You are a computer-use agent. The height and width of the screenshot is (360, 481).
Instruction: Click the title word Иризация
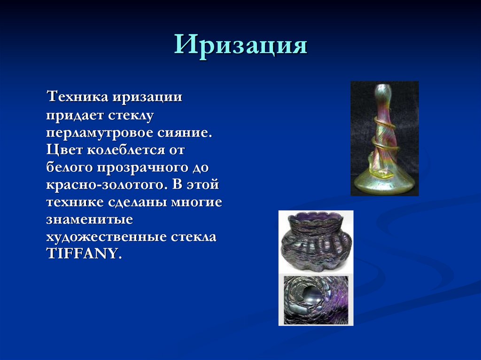click(240, 46)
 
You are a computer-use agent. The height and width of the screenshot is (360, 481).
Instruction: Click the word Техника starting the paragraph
click(77, 98)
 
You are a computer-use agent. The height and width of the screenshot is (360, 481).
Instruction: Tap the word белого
click(70, 168)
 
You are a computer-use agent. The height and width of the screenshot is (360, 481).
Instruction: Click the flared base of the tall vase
click(384, 184)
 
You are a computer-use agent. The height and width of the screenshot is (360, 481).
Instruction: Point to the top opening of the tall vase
click(384, 87)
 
